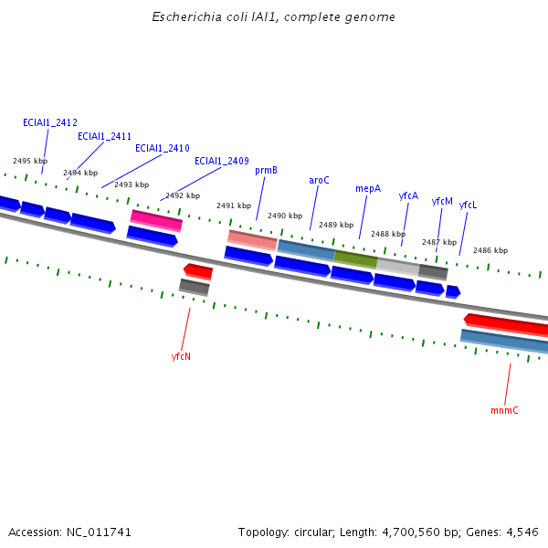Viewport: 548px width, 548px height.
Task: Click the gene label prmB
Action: pos(266,170)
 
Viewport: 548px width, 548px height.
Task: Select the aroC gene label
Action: pos(319,180)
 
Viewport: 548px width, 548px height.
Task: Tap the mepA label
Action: pos(368,188)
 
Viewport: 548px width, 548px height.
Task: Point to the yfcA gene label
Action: pos(408,195)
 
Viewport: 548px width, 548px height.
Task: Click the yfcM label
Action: pos(442,201)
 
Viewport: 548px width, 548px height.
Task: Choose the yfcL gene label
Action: pos(468,205)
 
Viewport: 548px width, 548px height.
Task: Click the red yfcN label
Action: pos(181,356)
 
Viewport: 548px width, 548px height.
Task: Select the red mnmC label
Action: pos(504,410)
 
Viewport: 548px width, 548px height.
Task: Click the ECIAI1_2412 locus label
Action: pos(50,122)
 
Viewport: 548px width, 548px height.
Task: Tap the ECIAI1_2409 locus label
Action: pos(222,161)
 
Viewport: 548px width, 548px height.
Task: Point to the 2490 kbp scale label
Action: pos(285,216)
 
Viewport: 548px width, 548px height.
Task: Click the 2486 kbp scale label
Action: pos(490,250)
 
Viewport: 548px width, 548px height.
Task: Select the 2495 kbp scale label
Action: pos(30,161)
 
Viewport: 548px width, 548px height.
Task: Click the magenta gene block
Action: pos(156,219)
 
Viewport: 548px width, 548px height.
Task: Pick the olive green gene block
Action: pos(355,259)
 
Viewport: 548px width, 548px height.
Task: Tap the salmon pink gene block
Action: pos(252,240)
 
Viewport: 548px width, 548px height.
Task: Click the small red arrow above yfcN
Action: pos(198,270)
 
